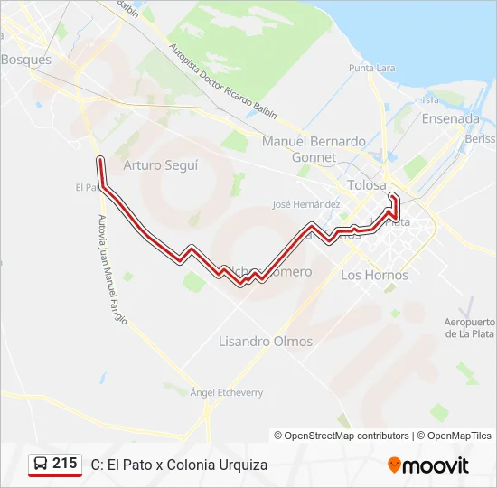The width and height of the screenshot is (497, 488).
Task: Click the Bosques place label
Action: pos(26,60)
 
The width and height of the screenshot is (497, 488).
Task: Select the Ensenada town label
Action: pos(450,118)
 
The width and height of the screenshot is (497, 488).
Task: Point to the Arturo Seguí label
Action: pos(160,165)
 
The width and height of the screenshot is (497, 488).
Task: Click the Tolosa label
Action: pos(367,185)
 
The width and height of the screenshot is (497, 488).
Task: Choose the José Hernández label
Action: pos(305,204)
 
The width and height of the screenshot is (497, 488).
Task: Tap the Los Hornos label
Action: pos(374,275)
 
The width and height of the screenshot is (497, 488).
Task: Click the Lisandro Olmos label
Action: pos(266,342)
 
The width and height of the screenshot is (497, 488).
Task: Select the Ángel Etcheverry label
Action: pos(227,392)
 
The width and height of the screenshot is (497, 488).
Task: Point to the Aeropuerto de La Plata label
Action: pos(471,328)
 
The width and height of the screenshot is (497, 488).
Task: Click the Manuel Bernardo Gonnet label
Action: pos(314,149)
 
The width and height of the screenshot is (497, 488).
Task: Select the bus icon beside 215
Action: pos(42,464)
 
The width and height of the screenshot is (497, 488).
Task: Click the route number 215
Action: pos(65,464)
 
